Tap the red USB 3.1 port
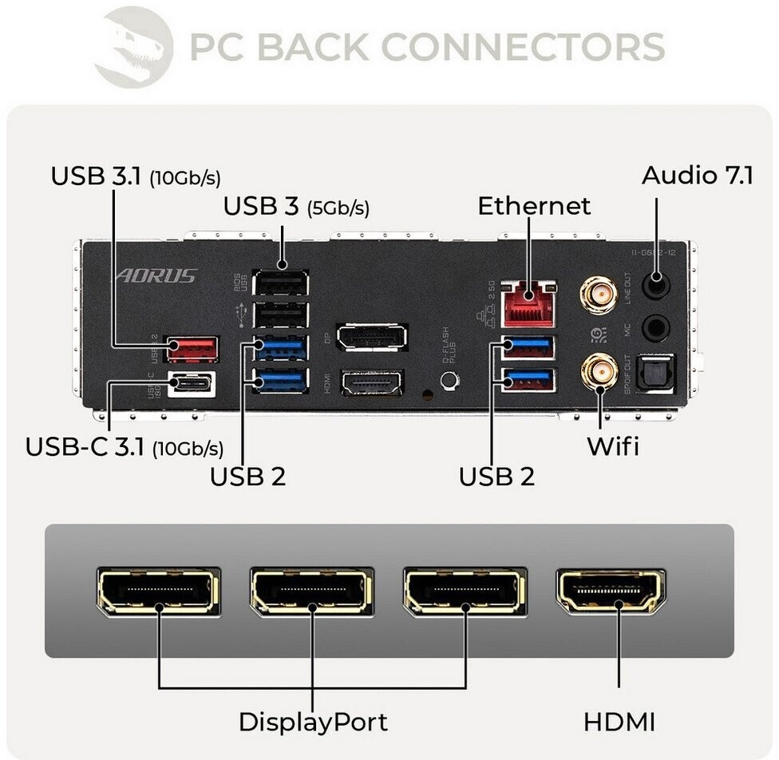coord(192,348)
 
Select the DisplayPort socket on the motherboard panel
coord(372,337)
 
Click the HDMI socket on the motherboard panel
coord(372,382)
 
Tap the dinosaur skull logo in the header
coord(133,45)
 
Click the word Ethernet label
coord(534,206)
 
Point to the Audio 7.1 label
coord(697,175)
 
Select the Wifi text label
coord(613,445)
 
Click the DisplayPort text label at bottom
coord(313,722)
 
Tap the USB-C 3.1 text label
coord(125,446)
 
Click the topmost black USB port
coord(281,283)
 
